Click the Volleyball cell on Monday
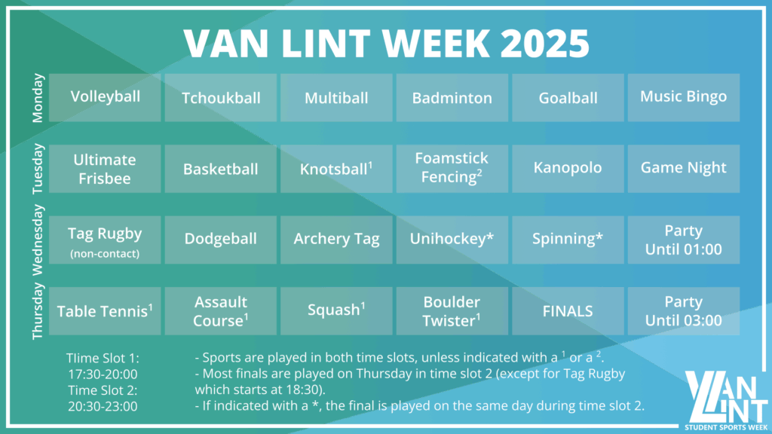105,97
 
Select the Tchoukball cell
221,97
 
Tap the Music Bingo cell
683,97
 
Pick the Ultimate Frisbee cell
105,169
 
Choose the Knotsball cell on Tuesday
336,169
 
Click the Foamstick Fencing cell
452,169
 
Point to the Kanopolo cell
568,169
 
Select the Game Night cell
683,169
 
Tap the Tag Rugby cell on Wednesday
105,240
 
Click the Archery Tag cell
336,240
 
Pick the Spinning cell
568,240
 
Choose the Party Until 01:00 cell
683,240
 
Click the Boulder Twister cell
452,311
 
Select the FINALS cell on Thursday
568,311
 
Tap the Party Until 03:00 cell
683,311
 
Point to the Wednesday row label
38,240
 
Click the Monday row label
38,98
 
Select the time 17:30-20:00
103,374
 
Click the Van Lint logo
726,399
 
